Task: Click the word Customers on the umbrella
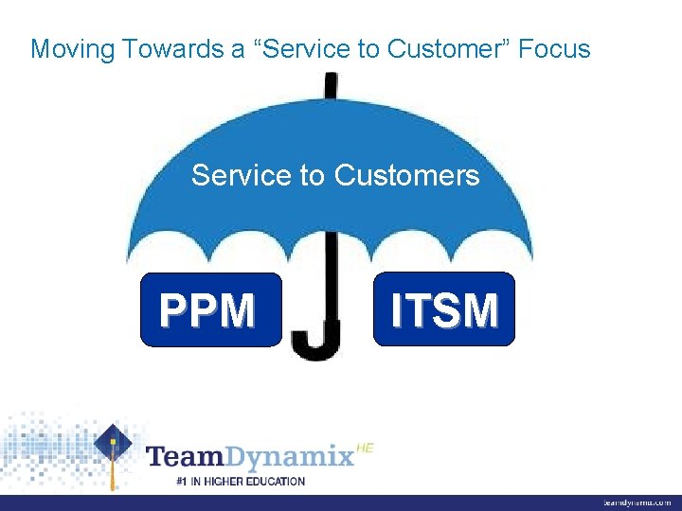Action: click(x=406, y=175)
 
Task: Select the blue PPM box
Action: click(x=210, y=309)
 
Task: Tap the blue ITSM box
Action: click(x=444, y=309)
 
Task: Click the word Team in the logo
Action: click(x=184, y=458)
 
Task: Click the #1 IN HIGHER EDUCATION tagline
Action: click(x=241, y=481)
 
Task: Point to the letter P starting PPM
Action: click(x=173, y=310)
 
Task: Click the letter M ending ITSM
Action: click(x=480, y=310)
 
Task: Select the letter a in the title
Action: click(x=237, y=49)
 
